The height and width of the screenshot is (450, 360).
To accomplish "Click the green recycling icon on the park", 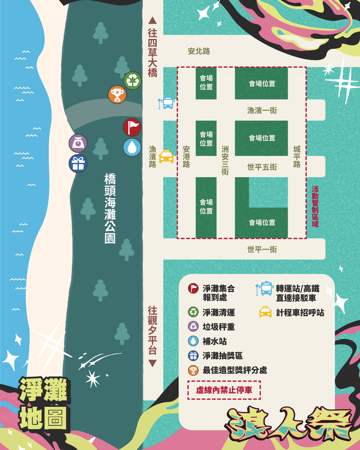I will click(x=133, y=80).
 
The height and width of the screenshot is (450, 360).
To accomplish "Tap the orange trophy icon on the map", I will click(x=116, y=94).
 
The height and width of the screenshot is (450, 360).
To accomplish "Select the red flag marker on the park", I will click(x=132, y=128).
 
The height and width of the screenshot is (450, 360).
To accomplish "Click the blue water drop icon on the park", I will click(x=132, y=147).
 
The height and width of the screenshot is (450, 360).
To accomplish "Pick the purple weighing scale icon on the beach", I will click(x=78, y=143).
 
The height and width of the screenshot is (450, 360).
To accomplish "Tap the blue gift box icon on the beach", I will click(x=78, y=164).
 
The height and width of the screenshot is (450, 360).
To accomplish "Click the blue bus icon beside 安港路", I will click(x=167, y=103).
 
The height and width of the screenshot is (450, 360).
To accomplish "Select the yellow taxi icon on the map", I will click(x=166, y=156).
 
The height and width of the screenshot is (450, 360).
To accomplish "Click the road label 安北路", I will click(x=199, y=51).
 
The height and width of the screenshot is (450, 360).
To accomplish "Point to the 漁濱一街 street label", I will click(x=262, y=110).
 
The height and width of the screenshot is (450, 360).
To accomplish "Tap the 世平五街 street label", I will click(x=262, y=167).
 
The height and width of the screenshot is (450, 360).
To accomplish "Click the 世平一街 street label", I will click(x=262, y=249).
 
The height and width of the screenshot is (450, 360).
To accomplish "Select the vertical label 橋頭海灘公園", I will click(x=110, y=208).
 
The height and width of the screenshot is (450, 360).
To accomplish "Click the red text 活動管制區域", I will click(x=315, y=208).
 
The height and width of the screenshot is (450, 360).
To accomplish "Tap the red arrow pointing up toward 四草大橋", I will click(x=151, y=20).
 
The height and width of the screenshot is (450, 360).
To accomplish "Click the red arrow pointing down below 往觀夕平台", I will click(x=152, y=363).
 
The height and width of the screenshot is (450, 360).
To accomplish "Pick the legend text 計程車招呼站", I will click(x=300, y=312).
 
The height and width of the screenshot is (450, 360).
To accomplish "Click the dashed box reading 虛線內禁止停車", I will click(x=224, y=389).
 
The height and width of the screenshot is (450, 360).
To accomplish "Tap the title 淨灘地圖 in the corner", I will click(x=43, y=404).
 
